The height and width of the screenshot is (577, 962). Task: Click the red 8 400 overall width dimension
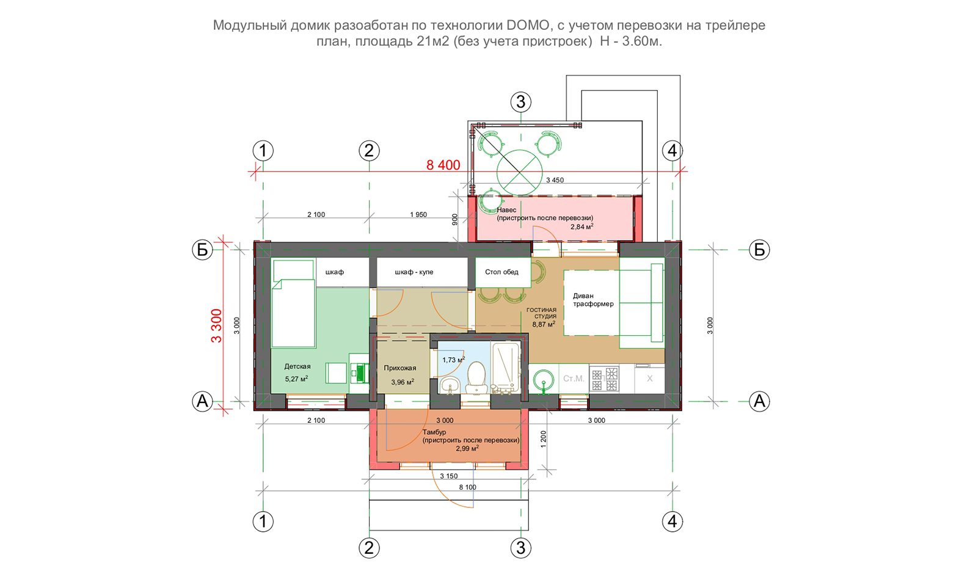point(443,165)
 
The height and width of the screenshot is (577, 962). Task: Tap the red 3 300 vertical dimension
point(216,326)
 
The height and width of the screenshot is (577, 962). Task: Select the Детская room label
point(297,366)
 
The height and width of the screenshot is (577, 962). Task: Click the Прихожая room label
point(400,368)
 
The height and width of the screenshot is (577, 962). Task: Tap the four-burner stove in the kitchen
point(604,379)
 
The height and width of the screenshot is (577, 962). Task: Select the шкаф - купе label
point(414,272)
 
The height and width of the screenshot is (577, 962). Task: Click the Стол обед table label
point(501,272)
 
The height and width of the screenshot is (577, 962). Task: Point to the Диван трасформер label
point(593,300)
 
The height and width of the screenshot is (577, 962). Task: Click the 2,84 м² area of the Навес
point(582,227)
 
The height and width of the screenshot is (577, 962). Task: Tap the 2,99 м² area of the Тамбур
point(467,449)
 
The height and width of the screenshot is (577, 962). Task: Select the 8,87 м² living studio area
point(544,324)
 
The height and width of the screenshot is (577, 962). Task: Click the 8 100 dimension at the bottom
point(467,487)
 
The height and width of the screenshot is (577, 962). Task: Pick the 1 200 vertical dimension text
point(544,439)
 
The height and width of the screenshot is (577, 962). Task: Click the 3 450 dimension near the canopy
point(555,180)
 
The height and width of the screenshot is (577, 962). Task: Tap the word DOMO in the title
point(527,25)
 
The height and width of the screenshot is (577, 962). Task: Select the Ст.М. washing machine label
point(574,379)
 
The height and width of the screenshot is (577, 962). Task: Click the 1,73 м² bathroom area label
point(453,360)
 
